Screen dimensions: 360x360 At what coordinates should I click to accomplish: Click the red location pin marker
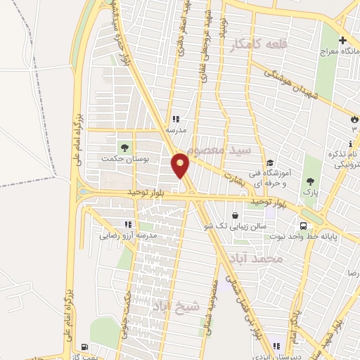pos(181,165)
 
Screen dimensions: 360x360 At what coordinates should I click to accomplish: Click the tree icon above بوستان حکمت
pos(124,147)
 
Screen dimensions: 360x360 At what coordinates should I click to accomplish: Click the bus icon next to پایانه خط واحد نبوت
pos(303,226)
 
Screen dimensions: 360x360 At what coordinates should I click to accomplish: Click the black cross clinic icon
pos(342,41)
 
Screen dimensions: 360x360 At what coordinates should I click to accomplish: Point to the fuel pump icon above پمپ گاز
pos(85,347)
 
